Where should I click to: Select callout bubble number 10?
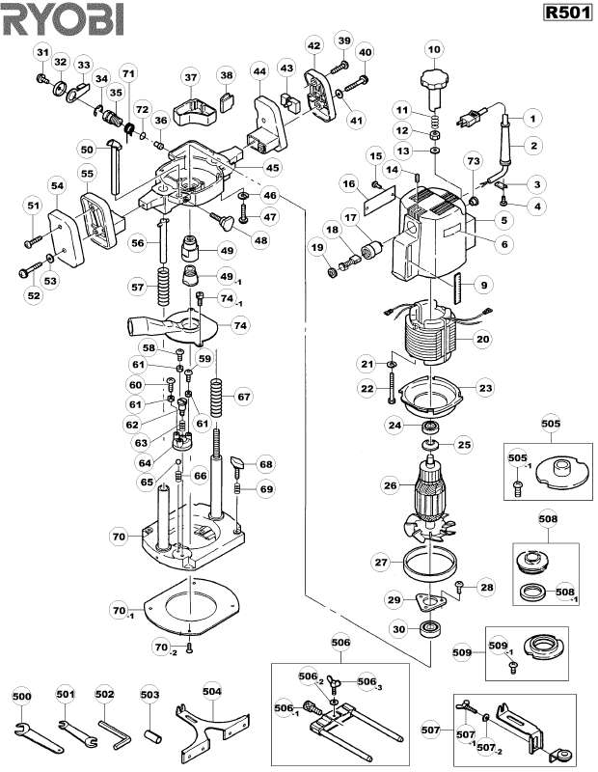pos(433,48)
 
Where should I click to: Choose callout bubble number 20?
pos(482,339)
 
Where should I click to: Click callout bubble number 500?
pos(21,694)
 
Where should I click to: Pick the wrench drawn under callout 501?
pos(71,728)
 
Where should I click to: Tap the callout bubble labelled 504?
pos(211,692)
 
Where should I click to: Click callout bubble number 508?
pos(548,519)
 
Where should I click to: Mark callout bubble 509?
pos(462,653)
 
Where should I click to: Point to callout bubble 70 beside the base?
pos(119,536)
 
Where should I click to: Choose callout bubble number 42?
pos(313,45)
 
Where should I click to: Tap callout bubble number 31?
pos(41,50)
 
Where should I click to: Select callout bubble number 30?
pos(396,629)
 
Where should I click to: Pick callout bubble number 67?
pos(243,397)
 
